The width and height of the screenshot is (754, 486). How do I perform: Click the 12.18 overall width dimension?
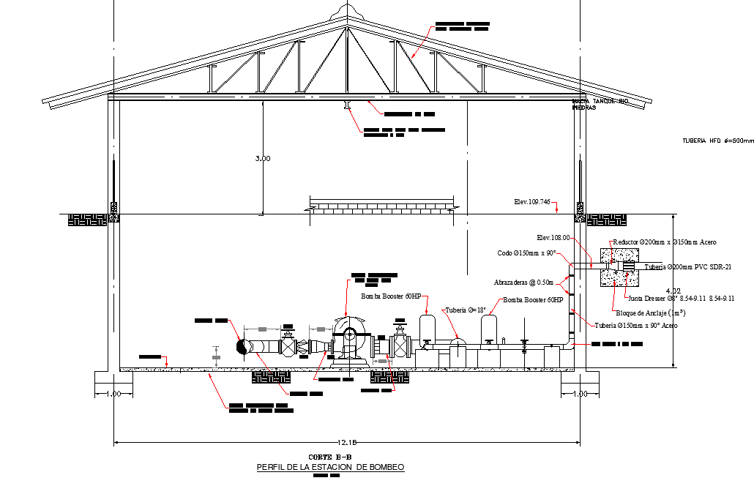pos(347,442)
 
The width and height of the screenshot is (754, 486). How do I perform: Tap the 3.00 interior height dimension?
pos(263,158)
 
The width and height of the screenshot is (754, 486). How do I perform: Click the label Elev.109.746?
pos(533,201)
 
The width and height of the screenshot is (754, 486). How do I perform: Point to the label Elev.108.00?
pos(553,237)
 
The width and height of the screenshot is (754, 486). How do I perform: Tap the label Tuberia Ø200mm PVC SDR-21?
pos(689,267)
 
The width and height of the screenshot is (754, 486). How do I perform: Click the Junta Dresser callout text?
pos(680,298)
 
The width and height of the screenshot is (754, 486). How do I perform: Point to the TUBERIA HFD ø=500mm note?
pos(717,141)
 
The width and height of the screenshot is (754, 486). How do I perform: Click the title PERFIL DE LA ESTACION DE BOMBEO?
pos(330,467)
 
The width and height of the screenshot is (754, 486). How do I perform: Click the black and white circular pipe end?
pos(241,346)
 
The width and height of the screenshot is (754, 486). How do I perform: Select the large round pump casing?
pos(348,334)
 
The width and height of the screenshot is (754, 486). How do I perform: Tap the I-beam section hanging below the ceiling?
pos(348,107)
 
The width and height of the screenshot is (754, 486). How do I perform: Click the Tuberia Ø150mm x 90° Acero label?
pos(635,325)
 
